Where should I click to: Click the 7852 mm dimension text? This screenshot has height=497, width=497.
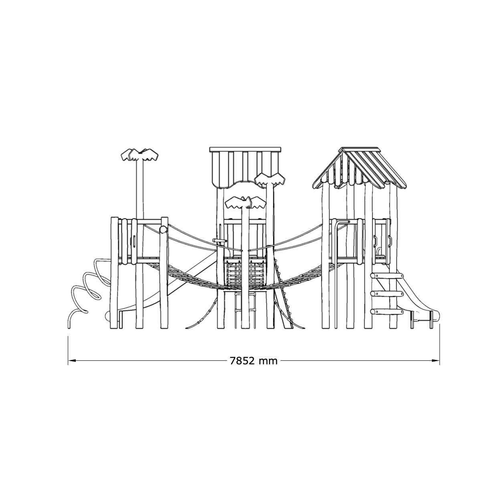[253, 361]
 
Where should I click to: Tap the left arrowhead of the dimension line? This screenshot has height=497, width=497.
[72, 361]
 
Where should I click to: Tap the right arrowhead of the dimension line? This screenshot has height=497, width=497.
[436, 361]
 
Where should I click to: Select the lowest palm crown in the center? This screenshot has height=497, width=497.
[245, 203]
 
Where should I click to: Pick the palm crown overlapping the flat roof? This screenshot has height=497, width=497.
[269, 179]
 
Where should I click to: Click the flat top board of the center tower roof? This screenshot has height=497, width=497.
[245, 150]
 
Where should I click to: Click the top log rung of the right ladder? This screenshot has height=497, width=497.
[387, 276]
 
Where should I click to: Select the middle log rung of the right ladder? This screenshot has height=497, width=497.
[387, 294]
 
